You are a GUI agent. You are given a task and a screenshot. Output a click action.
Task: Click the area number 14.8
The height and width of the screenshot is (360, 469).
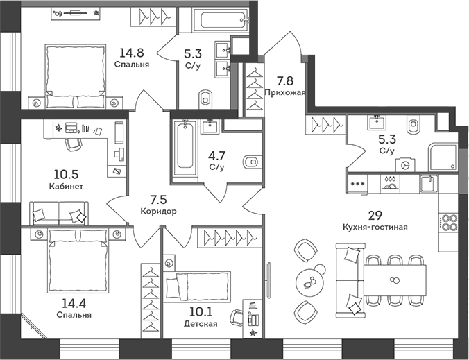coord(132,53)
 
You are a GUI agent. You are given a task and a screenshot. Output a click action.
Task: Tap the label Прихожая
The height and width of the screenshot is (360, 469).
coord(285,92)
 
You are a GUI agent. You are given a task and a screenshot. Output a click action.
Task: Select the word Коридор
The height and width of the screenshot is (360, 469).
coord(158,211)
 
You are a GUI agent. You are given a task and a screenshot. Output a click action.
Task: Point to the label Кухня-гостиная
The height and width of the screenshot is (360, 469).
coord(375,228)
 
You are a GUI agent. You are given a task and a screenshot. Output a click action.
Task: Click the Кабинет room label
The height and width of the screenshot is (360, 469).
coord(66,187)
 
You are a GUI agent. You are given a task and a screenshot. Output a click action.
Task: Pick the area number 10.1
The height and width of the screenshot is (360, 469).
coord(201,312)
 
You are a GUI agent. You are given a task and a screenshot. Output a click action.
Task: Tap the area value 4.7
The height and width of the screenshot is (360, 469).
coord(217,156)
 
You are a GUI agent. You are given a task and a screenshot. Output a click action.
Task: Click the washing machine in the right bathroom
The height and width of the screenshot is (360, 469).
coord(405,165)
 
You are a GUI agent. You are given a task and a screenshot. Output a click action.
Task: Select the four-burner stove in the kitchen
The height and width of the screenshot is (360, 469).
coord(448,223)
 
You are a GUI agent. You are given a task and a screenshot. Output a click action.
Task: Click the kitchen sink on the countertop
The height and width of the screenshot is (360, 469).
coord(429,184)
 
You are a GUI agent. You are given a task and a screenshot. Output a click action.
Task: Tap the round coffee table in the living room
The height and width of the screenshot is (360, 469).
coord(310,282)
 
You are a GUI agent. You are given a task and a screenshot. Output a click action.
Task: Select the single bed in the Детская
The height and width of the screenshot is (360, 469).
coord(197,286)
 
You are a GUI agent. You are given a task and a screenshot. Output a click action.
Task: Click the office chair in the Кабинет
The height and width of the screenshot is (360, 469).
coord(74,144)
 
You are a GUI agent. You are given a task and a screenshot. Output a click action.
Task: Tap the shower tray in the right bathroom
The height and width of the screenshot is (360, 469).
coord(443,157)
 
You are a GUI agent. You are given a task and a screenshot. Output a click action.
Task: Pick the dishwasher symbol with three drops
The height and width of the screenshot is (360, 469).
coord(390,183)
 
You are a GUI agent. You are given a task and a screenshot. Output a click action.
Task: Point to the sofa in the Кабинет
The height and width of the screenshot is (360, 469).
coord(59,213)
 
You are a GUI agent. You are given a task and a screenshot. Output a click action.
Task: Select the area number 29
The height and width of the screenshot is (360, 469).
coord(375,215)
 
